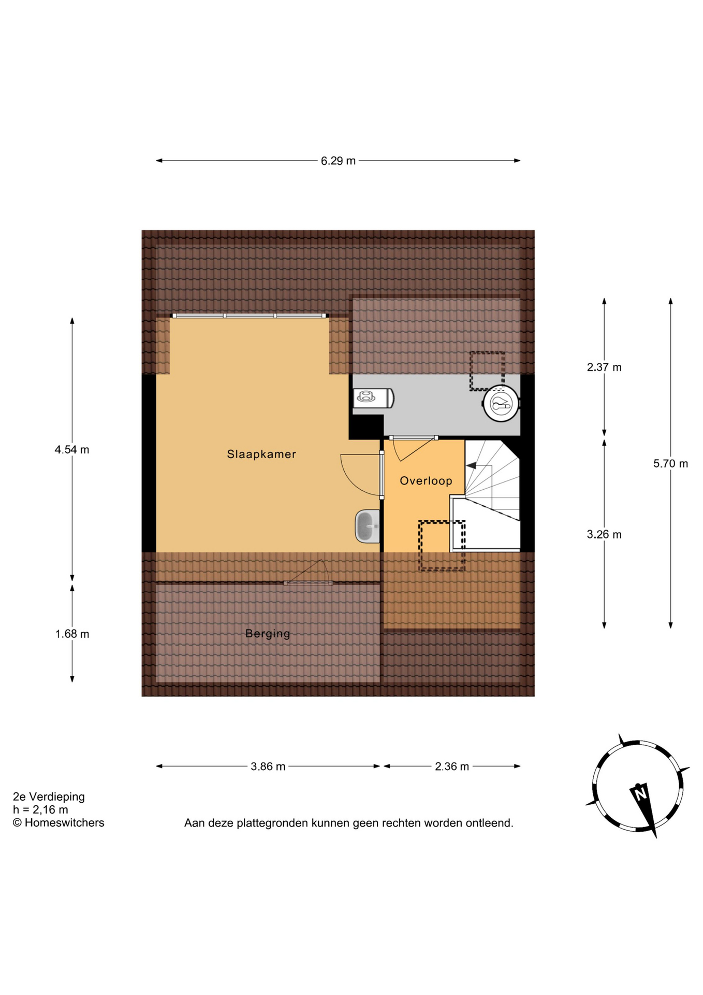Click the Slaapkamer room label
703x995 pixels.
[x=261, y=454]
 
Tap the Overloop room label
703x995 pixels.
[x=426, y=481]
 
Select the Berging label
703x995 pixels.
[x=268, y=634]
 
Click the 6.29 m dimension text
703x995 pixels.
[x=338, y=161]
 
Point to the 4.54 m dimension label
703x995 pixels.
[x=72, y=450]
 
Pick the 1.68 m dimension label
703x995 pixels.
[x=72, y=634]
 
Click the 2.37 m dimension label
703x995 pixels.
[x=604, y=367]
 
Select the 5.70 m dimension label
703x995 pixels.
[x=670, y=464]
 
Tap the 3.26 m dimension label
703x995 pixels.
[x=604, y=535]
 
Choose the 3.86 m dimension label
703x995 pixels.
[x=268, y=766]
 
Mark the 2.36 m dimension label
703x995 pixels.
[x=452, y=766]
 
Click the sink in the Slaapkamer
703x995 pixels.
[x=367, y=527]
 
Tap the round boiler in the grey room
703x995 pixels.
[x=501, y=403]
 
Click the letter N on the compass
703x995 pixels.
[x=640, y=793]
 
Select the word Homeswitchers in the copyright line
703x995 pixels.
[x=64, y=823]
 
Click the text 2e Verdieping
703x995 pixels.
[x=49, y=797]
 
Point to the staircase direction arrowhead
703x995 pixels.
[x=471, y=466]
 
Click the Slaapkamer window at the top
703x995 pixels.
[x=250, y=316]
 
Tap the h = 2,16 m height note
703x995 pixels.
[x=40, y=810]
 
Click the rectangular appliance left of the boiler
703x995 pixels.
[x=374, y=398]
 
